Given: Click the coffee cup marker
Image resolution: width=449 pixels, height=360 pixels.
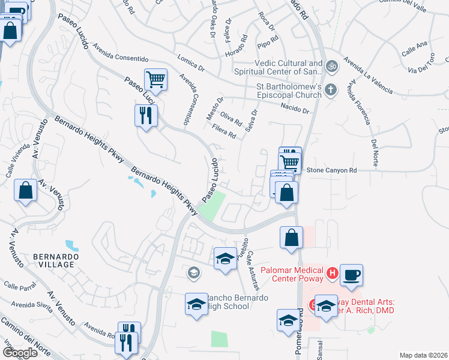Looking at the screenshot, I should click(x=352, y=275).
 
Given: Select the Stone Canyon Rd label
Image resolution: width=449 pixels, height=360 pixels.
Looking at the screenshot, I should click(x=332, y=170).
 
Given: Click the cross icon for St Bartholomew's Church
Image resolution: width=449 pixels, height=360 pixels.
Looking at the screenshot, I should click(x=330, y=91).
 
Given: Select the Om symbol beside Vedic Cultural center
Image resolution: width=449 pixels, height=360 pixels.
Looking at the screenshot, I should click(x=330, y=65).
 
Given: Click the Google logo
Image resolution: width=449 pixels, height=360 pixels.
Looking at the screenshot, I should click(x=19, y=353).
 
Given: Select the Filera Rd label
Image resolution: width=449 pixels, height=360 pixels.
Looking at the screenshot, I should click(x=224, y=131).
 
